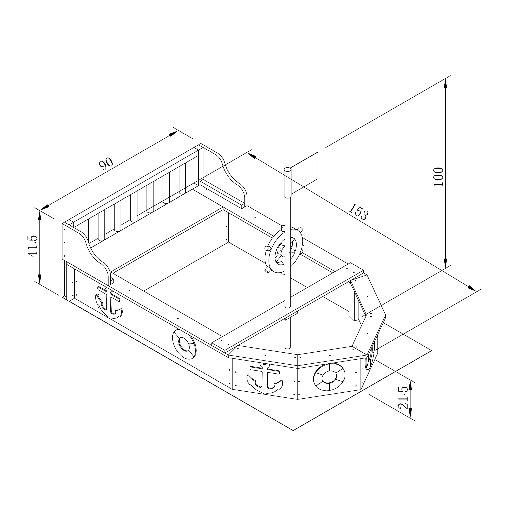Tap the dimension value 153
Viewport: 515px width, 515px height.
point(359,212)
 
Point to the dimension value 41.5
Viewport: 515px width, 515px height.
point(33,246)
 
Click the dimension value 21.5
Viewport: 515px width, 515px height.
point(403,398)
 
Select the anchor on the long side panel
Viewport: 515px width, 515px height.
point(109,303)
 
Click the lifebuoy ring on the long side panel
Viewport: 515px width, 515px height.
point(184,344)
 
